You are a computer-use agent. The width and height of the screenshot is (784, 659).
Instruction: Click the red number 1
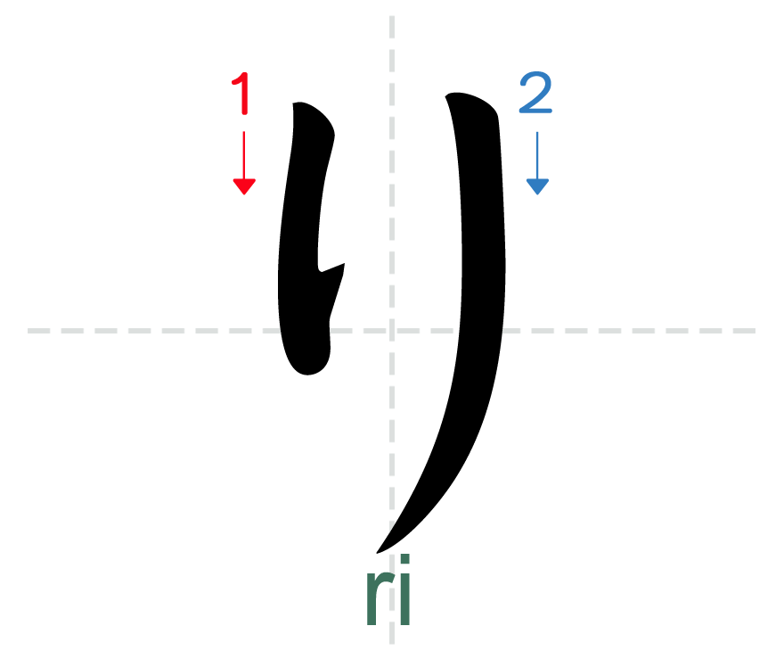[242, 94]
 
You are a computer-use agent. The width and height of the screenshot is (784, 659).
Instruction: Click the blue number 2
[535, 94]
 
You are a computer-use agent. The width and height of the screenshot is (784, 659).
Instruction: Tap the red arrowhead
[244, 186]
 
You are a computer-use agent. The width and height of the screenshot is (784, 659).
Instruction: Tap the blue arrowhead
[536, 186]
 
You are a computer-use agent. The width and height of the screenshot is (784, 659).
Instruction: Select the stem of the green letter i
[404, 601]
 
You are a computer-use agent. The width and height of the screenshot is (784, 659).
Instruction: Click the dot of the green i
[404, 561]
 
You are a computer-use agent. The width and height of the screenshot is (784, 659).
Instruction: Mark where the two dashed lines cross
[391, 331]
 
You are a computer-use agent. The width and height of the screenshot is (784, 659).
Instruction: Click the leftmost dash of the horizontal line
[37, 331]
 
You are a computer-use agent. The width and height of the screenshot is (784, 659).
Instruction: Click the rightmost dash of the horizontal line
[745, 331]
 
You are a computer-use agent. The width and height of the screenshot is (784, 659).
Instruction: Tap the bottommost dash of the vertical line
[391, 635]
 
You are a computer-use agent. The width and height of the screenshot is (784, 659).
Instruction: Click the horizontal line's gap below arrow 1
[306, 331]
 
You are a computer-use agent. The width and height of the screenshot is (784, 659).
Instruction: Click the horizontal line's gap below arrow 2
[478, 331]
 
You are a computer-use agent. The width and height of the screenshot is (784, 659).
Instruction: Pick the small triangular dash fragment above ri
[392, 527]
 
